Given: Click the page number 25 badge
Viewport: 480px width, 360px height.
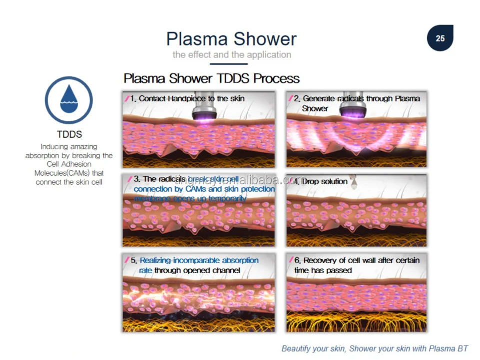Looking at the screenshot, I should pyautogui.click(x=440, y=38).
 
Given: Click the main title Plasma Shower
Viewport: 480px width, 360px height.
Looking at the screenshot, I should pyautogui.click(x=231, y=39).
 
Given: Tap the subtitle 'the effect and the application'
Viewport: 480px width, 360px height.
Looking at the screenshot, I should pyautogui.click(x=232, y=54).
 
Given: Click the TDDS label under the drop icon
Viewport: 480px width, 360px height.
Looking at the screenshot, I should pyautogui.click(x=69, y=134).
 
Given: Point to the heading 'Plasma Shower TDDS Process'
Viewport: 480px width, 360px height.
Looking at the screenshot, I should pyautogui.click(x=211, y=78).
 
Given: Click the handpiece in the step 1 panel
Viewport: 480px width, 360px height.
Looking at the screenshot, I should pyautogui.click(x=204, y=108).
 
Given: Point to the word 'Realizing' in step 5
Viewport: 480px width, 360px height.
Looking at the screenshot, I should pyautogui.click(x=155, y=260).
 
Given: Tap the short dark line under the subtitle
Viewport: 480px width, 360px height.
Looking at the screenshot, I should pyautogui.click(x=229, y=64).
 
